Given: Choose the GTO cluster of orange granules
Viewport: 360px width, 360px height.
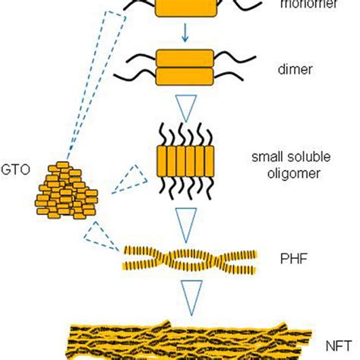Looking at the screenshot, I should point(65,190).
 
